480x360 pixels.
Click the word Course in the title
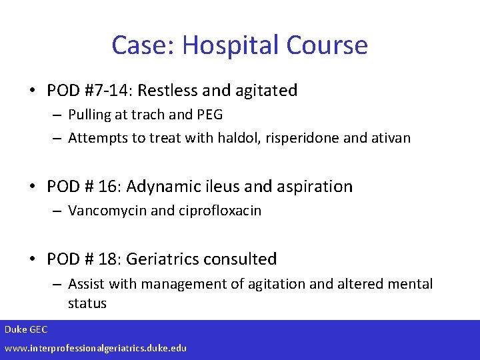tap(327, 45)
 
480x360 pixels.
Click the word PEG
tap(210, 115)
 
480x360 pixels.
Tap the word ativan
tap(389, 138)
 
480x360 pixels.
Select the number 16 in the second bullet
tap(109, 187)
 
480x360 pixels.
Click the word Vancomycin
tap(107, 211)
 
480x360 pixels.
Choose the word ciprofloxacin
tap(219, 211)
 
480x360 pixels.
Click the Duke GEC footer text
tap(27, 330)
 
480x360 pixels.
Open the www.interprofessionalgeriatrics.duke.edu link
tap(96, 348)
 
